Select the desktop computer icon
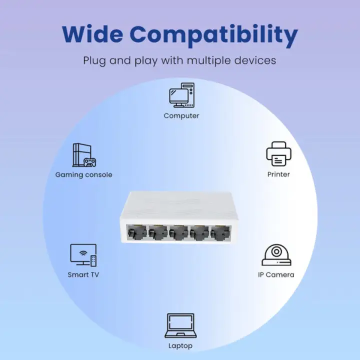click(x=181, y=95)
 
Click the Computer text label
click(x=181, y=115)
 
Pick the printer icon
click(x=278, y=154)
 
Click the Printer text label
click(x=278, y=174)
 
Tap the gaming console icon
click(x=84, y=155)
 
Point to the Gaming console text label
click(x=83, y=174)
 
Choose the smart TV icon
click(x=83, y=254)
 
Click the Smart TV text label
click(x=83, y=274)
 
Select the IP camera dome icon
click(x=276, y=255)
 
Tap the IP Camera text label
click(x=276, y=274)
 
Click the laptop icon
click(x=180, y=325)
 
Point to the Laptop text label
click(x=180, y=345)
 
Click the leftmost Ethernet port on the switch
click(x=137, y=232)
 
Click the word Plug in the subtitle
click(x=93, y=61)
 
